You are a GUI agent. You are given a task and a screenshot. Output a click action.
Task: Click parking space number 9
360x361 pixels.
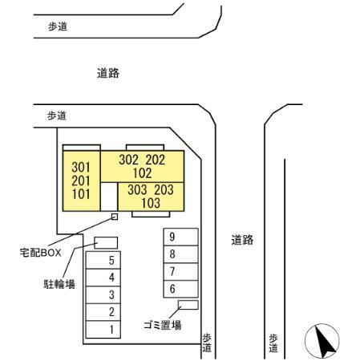pyautogui.click(x=180, y=237)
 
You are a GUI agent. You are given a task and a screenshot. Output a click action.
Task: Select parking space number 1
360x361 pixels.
pyautogui.click(x=103, y=330)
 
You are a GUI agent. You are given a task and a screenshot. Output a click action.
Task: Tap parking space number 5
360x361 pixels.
pyautogui.click(x=103, y=260)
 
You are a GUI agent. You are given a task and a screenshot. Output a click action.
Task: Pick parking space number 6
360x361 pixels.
pyautogui.click(x=180, y=289)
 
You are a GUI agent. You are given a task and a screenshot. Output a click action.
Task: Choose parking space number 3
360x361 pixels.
pyautogui.click(x=103, y=294)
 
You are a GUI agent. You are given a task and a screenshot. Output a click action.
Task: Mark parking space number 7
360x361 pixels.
pyautogui.click(x=180, y=272)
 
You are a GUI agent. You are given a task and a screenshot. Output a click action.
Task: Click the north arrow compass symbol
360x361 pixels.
pyautogui.click(x=322, y=341)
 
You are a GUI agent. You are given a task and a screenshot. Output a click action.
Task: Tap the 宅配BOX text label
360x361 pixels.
pyautogui.click(x=41, y=253)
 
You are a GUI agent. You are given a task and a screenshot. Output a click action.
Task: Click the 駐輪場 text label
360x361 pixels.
pyautogui.click(x=59, y=284)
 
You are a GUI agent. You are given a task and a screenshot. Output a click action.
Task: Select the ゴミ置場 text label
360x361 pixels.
pyautogui.click(x=163, y=325)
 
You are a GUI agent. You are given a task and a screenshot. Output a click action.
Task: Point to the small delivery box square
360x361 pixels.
pyautogui.click(x=115, y=217)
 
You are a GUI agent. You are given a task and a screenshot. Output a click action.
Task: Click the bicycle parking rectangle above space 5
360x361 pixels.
pyautogui.click(x=106, y=243)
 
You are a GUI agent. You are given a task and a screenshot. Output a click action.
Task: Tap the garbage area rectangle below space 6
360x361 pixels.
pyautogui.click(x=188, y=305)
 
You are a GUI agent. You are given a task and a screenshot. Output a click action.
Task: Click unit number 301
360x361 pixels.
pyautogui.click(x=81, y=168)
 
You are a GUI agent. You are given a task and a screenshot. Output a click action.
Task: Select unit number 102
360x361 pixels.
pyautogui.click(x=143, y=173)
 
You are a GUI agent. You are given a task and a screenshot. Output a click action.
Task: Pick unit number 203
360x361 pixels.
pyautogui.click(x=164, y=189)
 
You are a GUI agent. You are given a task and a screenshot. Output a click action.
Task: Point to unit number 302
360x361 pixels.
pyautogui.click(x=128, y=160)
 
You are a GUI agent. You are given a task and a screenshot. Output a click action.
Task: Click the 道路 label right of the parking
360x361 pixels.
pyautogui.click(x=242, y=240)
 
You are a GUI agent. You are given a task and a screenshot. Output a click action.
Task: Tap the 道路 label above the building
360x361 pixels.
pyautogui.click(x=108, y=73)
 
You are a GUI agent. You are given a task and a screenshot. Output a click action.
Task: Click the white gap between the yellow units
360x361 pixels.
pyautogui.click(x=109, y=197)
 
